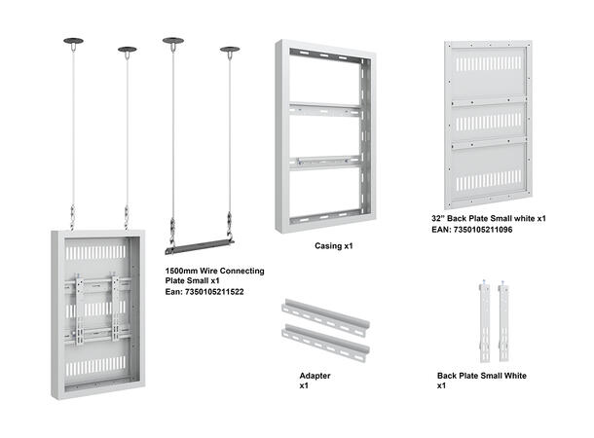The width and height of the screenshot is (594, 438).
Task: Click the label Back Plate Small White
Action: coord(482,375)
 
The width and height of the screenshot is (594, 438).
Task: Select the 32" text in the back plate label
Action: coord(440,219)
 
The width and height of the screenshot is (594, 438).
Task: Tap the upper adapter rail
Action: coord(323,317)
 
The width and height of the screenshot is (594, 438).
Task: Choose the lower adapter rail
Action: coord(324,343)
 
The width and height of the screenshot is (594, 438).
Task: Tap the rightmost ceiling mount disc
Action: coord(230,49)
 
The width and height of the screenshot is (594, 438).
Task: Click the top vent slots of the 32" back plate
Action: coord(488,69)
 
